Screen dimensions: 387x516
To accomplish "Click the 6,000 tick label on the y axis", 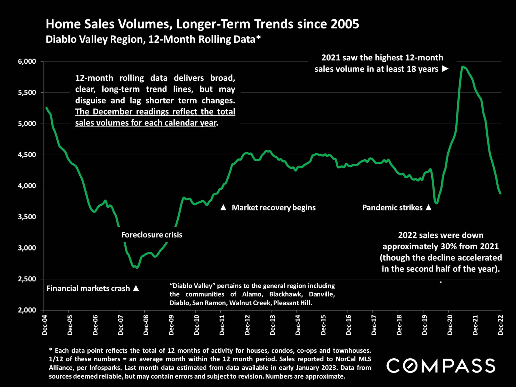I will tap(27, 62).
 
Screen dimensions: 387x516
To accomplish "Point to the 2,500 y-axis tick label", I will tap(27, 279).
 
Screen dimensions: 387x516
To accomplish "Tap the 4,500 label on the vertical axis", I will tap(27, 155).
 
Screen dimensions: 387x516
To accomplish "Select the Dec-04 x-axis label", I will tap(45, 325).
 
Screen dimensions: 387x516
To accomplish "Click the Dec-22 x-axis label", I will tap(500, 325).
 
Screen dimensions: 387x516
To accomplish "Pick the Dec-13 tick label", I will tap(273, 325).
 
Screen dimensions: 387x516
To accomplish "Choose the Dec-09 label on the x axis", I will tap(171, 325).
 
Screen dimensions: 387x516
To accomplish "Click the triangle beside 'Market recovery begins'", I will tap(223, 207).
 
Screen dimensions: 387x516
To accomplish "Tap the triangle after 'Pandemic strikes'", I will tap(429, 207).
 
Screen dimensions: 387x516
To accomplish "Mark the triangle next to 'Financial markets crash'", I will tap(136, 288).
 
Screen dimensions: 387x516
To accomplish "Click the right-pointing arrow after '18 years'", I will tap(445, 69).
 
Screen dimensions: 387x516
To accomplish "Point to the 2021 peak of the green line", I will tap(463, 66).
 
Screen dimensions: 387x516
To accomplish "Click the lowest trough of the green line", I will tap(137, 268).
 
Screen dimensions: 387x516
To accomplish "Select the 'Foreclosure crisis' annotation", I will tap(152, 235).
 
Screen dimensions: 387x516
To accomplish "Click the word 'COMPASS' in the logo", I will tap(440, 366).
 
